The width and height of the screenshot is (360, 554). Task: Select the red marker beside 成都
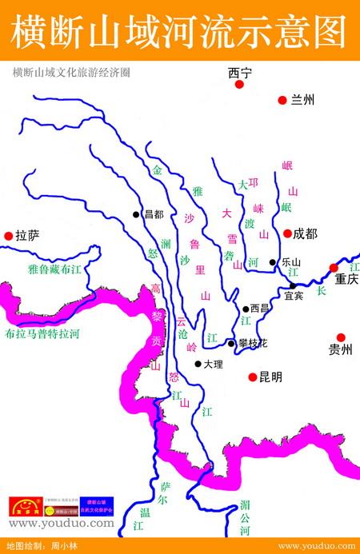click(x=286, y=233)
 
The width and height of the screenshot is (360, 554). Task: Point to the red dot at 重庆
click(x=334, y=267)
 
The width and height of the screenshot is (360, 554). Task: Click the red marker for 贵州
click(x=341, y=337)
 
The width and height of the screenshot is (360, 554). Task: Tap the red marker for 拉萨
click(x=9, y=235)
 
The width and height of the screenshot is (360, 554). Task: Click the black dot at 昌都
click(x=137, y=214)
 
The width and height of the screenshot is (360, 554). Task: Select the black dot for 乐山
click(x=273, y=261)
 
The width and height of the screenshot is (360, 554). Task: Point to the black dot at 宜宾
click(x=293, y=285)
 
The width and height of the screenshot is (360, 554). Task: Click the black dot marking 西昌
click(x=245, y=309)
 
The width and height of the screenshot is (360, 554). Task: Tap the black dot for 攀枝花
click(x=231, y=343)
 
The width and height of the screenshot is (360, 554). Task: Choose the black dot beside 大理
click(x=198, y=364)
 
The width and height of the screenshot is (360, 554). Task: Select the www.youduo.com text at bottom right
click(x=316, y=545)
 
